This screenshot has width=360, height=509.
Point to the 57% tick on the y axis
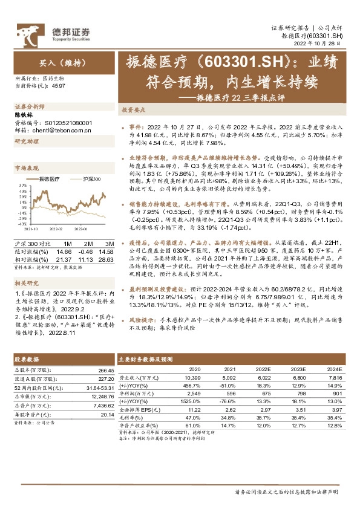pos(22,185)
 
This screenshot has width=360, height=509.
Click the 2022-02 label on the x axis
pos(56,229)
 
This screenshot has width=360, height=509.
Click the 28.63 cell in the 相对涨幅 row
pos(106,258)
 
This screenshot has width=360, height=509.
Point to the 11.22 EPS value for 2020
pos(194,409)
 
